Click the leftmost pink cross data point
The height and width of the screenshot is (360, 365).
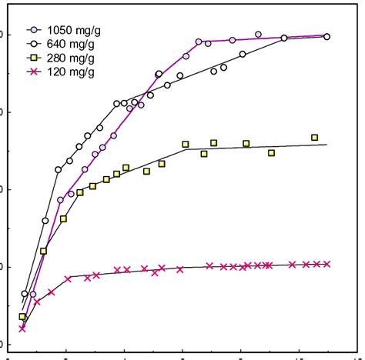pos(22,328)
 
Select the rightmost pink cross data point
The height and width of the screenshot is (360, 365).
pos(327,264)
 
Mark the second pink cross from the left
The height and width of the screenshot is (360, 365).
pos(36,302)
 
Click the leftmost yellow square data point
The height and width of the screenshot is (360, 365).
pos(22,317)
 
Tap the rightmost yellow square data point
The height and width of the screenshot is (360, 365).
pos(314,138)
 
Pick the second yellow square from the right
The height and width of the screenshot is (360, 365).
pos(271,153)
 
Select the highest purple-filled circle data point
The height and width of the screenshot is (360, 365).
pos(258,35)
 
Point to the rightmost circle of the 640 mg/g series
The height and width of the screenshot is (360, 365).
pos(327,36)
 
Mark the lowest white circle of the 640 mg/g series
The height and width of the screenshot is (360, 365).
pos(25,294)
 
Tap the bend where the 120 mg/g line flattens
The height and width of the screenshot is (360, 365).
pos(69,278)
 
